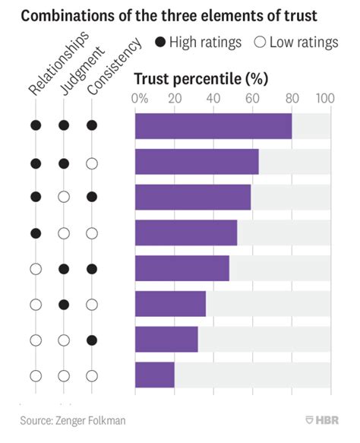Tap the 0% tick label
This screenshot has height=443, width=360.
click(x=140, y=99)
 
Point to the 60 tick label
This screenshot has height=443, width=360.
click(x=251, y=99)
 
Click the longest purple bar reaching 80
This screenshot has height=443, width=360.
click(x=213, y=125)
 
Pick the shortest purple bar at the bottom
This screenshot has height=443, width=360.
click(x=154, y=375)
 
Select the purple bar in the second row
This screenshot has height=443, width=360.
click(x=197, y=162)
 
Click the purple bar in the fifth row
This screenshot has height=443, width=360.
click(x=182, y=268)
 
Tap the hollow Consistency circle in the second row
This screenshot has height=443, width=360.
click(x=92, y=162)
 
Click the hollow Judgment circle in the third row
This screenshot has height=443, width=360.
click(x=64, y=197)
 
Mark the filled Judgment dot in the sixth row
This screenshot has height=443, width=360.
click(x=64, y=304)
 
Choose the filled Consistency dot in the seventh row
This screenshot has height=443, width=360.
click(x=92, y=340)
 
